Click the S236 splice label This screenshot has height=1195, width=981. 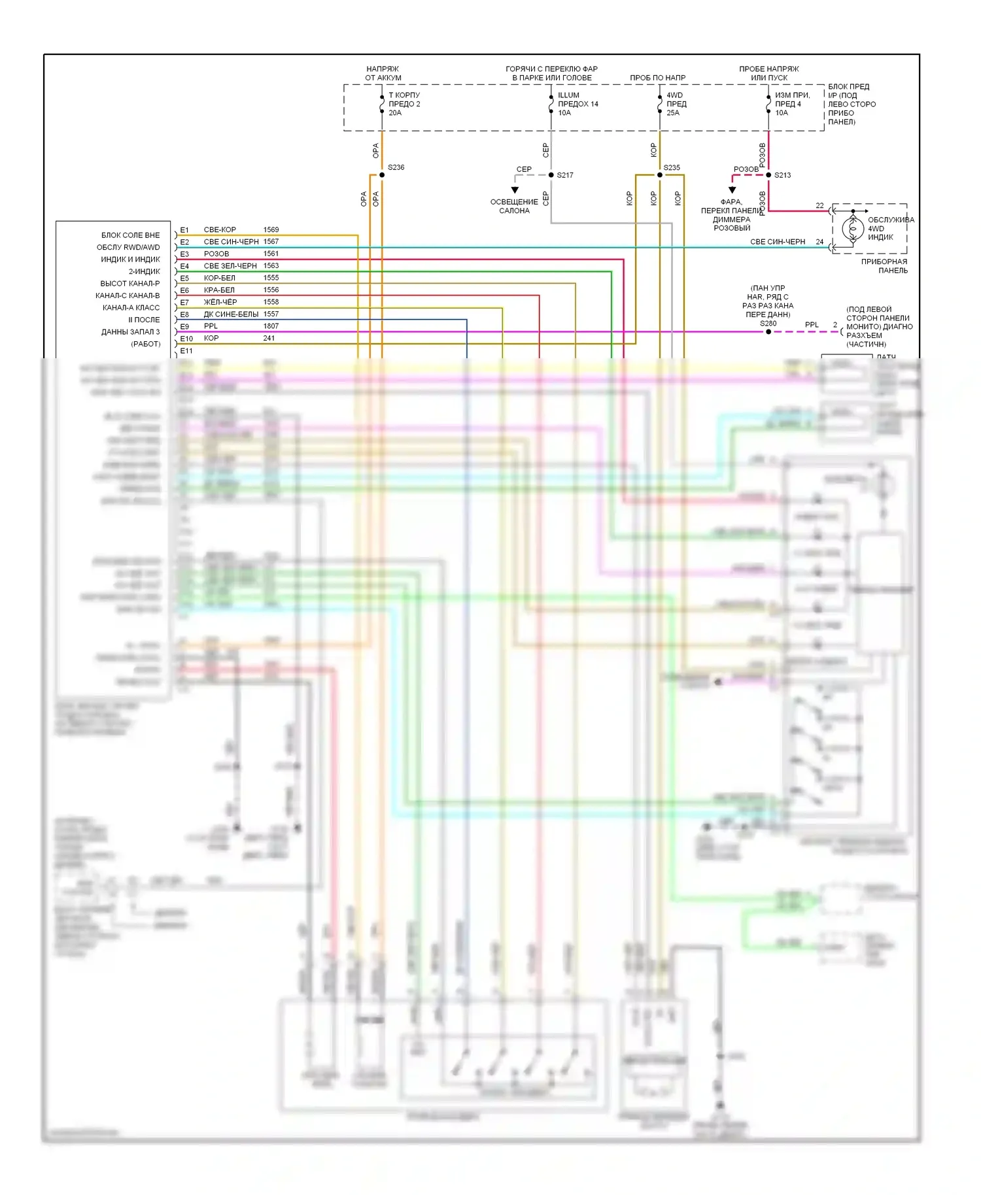tap(396, 167)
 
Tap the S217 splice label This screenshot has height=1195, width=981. tap(565, 175)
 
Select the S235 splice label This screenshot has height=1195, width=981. tap(672, 168)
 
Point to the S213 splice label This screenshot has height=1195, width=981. tap(783, 175)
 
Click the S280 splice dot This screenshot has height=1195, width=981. tap(768, 332)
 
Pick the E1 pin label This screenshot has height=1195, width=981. tap(184, 230)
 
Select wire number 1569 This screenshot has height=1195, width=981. tap(271, 230)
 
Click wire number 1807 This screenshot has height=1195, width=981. tap(271, 326)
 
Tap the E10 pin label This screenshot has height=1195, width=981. tap(186, 339)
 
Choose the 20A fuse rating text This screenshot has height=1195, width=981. tap(395, 113)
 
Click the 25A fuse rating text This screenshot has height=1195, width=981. tap(673, 113)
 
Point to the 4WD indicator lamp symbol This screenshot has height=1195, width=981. tap(853, 229)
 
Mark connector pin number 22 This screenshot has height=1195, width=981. tap(819, 206)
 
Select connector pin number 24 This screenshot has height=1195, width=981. tap(819, 242)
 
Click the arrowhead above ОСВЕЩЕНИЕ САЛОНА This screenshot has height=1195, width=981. tap(515, 190)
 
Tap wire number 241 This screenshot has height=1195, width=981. tap(269, 339)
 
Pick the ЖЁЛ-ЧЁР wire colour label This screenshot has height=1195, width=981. tap(220, 302)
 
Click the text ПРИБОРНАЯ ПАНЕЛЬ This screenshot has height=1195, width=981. tap(884, 266)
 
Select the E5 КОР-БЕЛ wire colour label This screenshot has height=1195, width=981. tap(219, 278)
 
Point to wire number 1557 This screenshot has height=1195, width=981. tap(271, 314)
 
